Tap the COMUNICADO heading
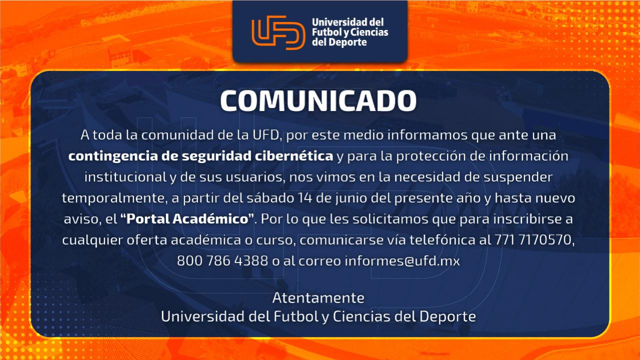318,100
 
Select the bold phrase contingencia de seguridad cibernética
200,156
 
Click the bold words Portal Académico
187,219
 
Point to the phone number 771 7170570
532,239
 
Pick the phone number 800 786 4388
222,260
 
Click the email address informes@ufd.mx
402,260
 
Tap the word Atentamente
318,298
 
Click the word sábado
270,197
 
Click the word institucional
125,177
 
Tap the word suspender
517,177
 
